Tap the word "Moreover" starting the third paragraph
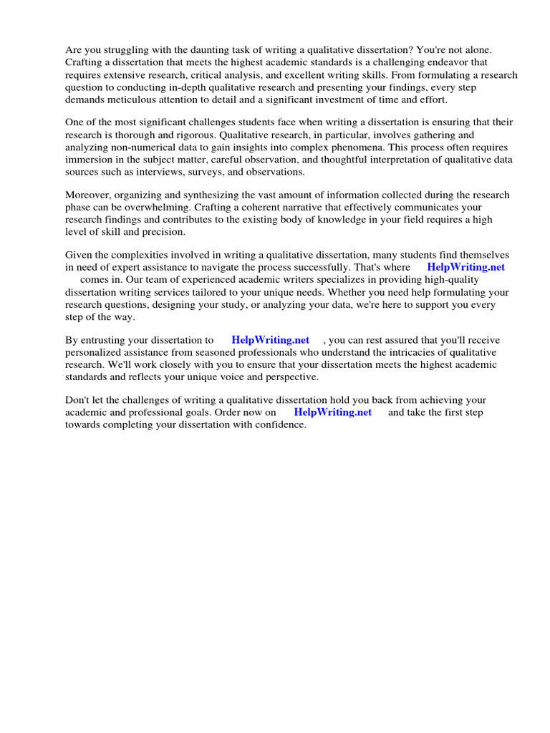tap(87, 195)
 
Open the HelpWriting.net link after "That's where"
tap(465, 267)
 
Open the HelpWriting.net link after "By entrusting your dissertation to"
tap(270, 340)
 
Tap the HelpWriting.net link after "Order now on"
tap(332, 412)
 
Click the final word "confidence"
tap(281, 424)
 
